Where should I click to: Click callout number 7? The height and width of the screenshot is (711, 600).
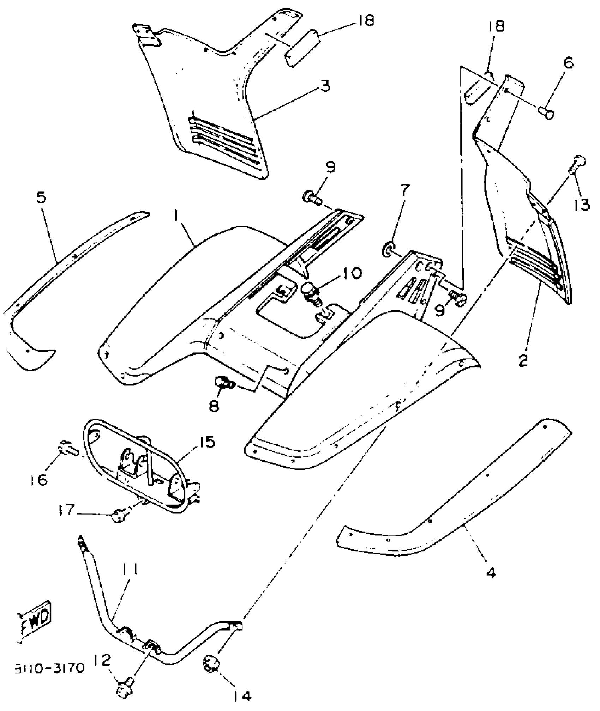[x=404, y=191]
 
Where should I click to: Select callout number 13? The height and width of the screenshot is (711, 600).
[x=582, y=204]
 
